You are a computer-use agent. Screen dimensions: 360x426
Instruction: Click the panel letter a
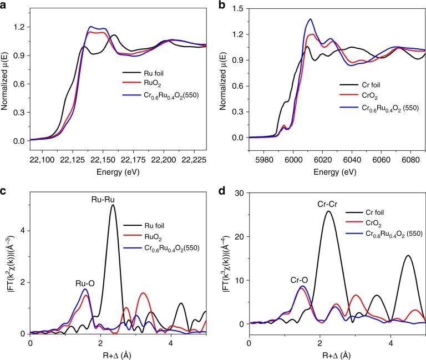[x=4, y=5]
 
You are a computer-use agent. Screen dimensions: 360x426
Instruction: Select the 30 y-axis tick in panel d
[x=241, y=192]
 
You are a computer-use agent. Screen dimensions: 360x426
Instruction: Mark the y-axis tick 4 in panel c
[x=22, y=231]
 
